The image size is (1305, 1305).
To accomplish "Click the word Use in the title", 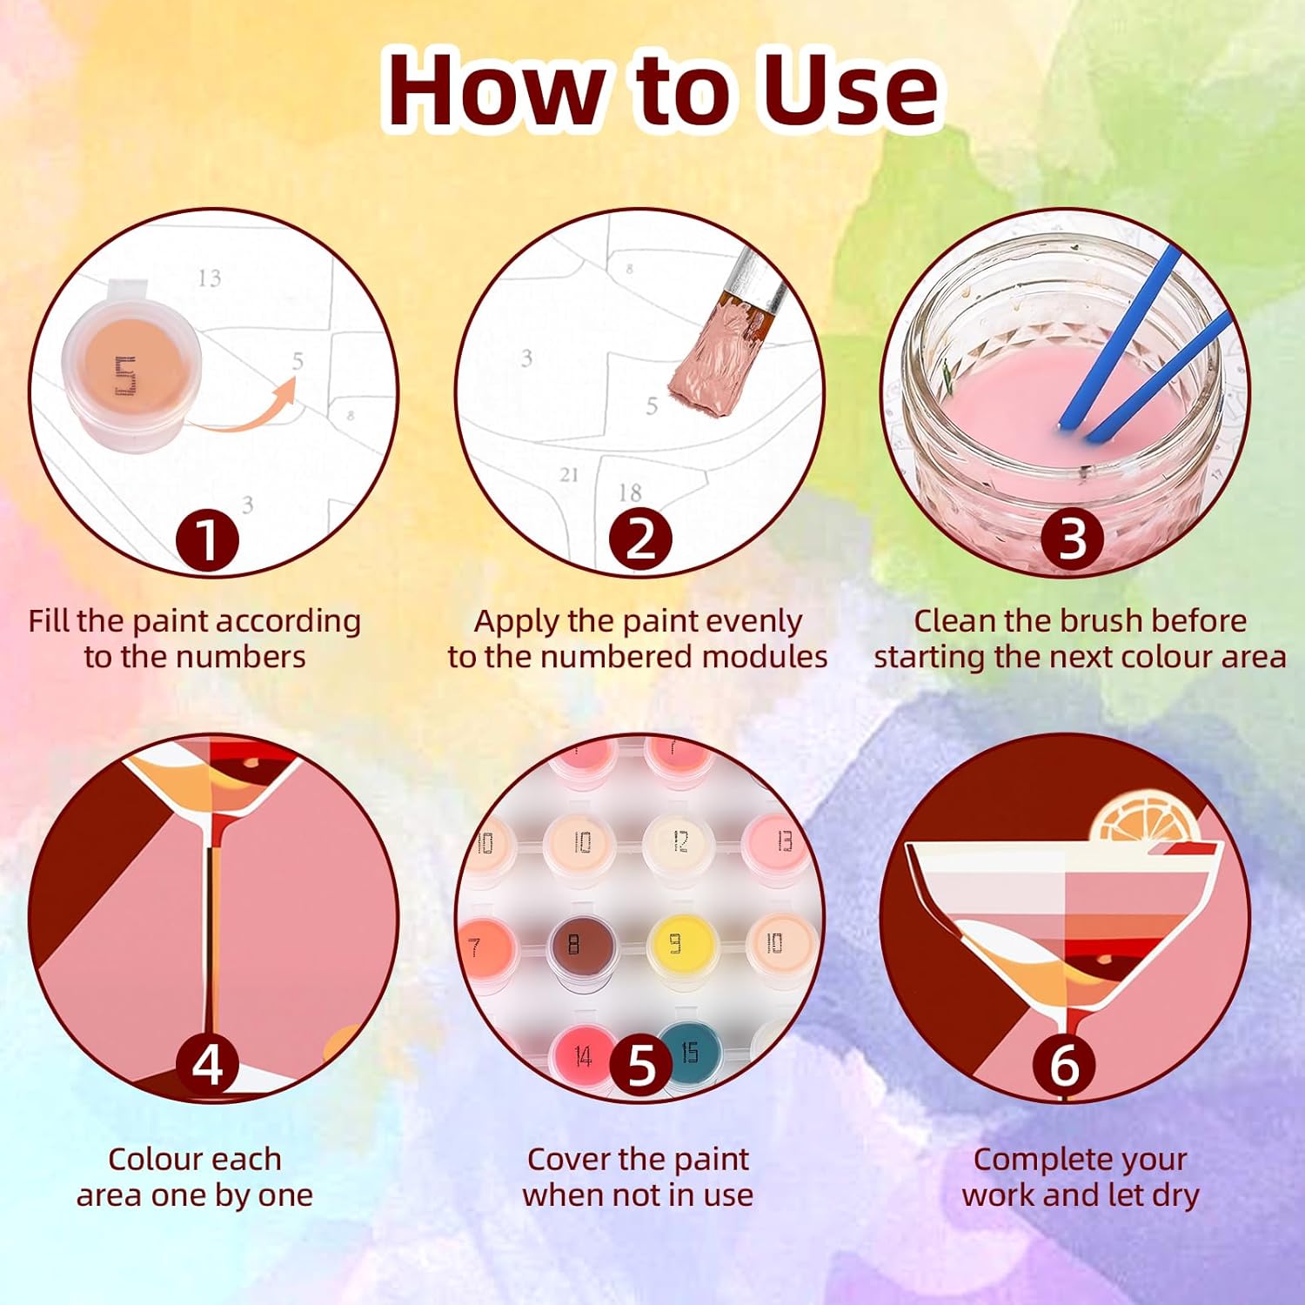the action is click(x=851, y=90).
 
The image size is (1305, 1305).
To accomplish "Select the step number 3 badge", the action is click(x=1073, y=539).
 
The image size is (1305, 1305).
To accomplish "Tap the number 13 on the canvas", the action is click(x=210, y=278).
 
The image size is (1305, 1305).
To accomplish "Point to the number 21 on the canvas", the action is click(x=569, y=475).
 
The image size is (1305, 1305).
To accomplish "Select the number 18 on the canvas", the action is click(x=630, y=492).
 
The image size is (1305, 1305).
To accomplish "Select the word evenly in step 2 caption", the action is click(x=754, y=622).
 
